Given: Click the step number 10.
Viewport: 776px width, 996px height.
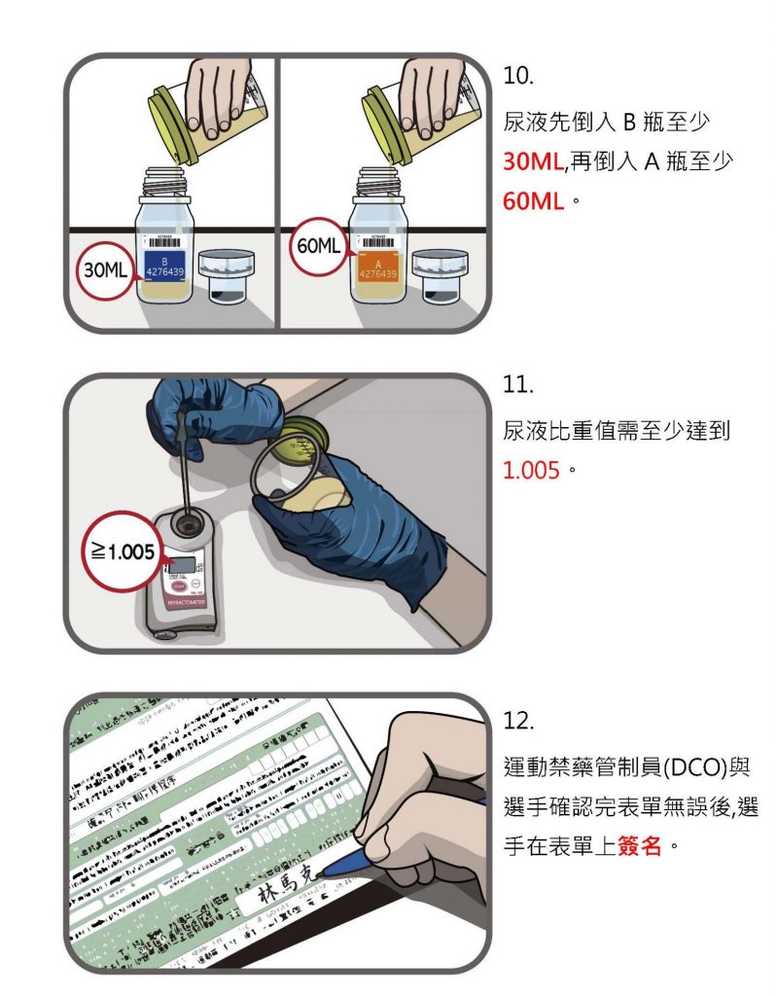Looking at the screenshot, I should (517, 75).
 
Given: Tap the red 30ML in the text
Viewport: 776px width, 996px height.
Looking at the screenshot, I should (534, 161).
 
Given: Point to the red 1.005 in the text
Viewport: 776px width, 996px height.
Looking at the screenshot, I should (531, 470).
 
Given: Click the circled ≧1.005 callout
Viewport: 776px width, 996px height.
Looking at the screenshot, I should (120, 551).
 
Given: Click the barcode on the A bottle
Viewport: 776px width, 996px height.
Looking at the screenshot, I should (379, 242).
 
